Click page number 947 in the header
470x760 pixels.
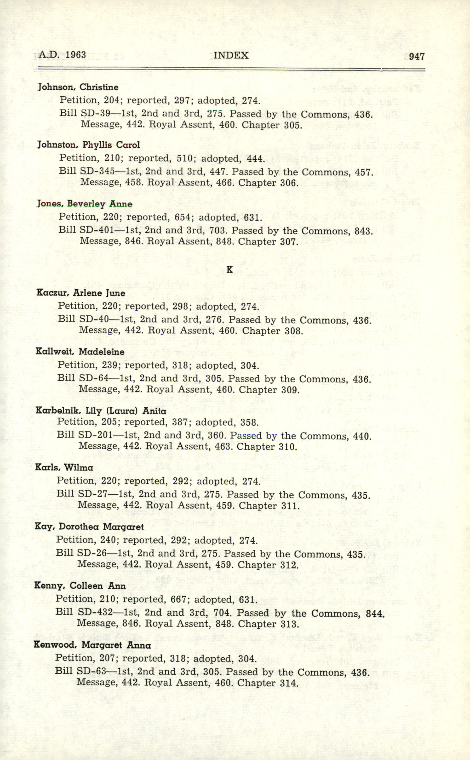[416, 56]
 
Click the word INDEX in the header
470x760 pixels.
[231, 55]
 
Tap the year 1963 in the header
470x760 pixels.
[76, 55]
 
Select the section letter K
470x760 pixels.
[230, 270]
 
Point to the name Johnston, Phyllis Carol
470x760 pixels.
[89, 145]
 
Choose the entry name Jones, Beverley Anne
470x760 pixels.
[84, 204]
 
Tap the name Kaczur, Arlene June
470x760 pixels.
[81, 293]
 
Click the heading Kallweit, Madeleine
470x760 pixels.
[80, 352]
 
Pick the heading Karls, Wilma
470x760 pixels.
[64, 467]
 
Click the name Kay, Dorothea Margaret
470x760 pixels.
[89, 527]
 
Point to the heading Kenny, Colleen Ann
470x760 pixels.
[80, 586]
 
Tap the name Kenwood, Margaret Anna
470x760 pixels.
[92, 645]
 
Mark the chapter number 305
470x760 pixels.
[293, 125]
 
